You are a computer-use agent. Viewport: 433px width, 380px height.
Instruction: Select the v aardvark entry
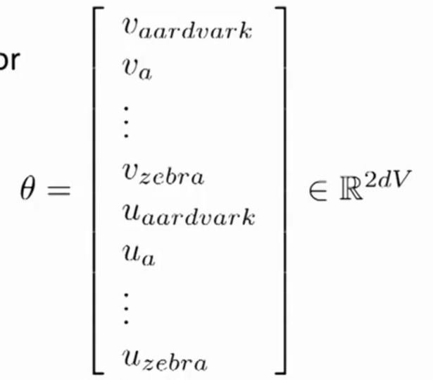click(185, 29)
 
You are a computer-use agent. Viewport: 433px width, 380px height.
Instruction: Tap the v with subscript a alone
click(137, 71)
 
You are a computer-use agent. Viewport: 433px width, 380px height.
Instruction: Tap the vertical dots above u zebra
click(126, 309)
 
